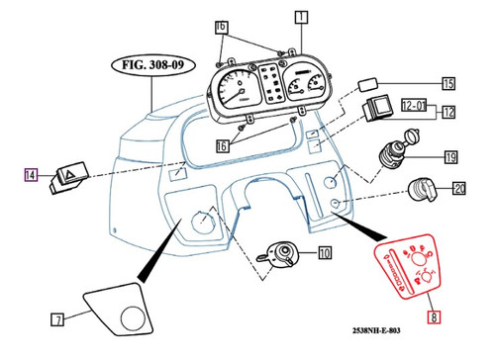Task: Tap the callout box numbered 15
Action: (x=447, y=84)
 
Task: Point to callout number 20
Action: (x=458, y=188)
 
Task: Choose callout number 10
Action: (x=325, y=254)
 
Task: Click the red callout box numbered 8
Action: (x=431, y=318)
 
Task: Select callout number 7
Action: (x=57, y=318)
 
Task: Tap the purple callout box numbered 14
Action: (x=30, y=176)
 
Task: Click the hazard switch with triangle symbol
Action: (x=71, y=179)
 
